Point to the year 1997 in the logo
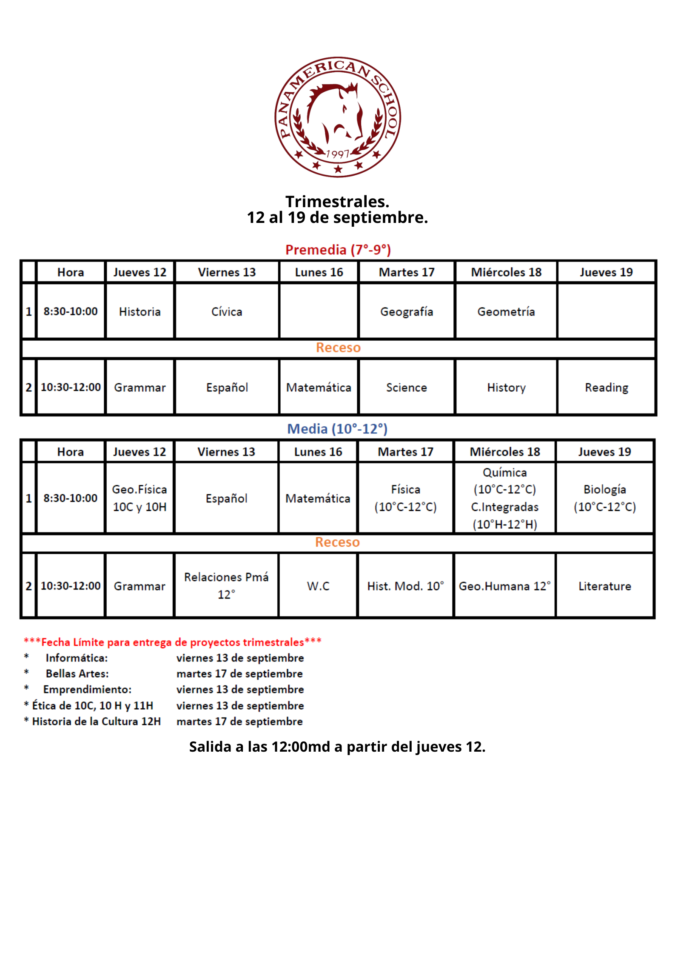[338, 154]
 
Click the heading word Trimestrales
[337, 201]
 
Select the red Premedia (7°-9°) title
[338, 250]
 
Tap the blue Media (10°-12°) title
[337, 429]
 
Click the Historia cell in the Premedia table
[140, 312]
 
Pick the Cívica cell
[227, 312]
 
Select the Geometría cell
[506, 312]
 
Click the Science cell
[406, 388]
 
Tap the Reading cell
[607, 388]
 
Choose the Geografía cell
[406, 312]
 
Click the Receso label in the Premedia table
[338, 348]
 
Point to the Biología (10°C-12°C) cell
[604, 498]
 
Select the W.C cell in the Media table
[318, 586]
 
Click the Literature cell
[604, 586]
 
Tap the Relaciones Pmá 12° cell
[226, 586]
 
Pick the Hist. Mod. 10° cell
[405, 586]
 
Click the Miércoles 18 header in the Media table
[505, 452]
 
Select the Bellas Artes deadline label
[77, 674]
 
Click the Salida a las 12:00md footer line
[337, 747]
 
